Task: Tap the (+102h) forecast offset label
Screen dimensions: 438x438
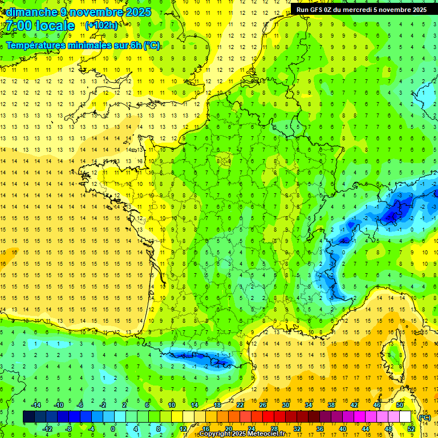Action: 102,26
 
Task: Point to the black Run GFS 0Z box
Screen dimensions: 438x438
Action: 363,10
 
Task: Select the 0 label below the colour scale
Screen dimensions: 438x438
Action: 113,429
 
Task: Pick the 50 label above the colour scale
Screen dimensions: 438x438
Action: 400,405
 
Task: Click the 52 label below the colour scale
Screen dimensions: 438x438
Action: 411,429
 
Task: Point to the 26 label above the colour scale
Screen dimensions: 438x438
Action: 263,405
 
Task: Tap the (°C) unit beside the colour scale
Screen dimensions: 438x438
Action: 424,417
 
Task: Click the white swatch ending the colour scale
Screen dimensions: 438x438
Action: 405,417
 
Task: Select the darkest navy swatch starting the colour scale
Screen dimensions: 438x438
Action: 29,417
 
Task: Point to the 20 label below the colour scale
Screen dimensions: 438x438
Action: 228,429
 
